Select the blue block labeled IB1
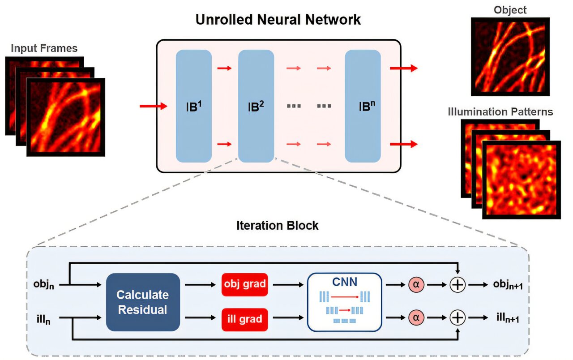pyautogui.click(x=193, y=106)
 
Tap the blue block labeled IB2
pyautogui.click(x=256, y=106)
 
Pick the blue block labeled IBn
pyautogui.click(x=363, y=106)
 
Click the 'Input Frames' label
pyautogui.click(x=44, y=47)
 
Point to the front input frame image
pyautogui.click(x=66, y=117)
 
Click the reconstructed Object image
pyautogui.click(x=510, y=57)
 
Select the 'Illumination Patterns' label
pyautogui.click(x=500, y=111)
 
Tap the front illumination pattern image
pyautogui.click(x=521, y=179)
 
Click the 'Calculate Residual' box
pyautogui.click(x=143, y=302)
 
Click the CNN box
pyautogui.click(x=344, y=301)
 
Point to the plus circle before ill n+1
pyautogui.click(x=457, y=318)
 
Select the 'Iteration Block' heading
pyautogui.click(x=277, y=225)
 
